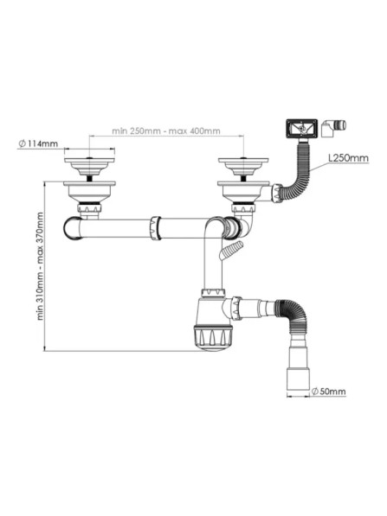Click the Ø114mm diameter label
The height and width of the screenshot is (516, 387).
pos(38,143)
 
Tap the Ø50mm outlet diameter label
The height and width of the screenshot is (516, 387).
pos(329,392)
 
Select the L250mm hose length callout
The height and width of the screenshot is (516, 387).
pos(348,158)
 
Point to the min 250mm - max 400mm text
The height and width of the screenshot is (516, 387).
pos(166,131)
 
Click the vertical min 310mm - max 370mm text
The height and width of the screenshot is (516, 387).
pos(40,266)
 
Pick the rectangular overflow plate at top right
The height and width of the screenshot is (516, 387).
pos(301,128)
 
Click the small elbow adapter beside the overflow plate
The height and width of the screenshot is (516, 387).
pos(333,128)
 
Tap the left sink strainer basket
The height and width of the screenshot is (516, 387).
pos(89,167)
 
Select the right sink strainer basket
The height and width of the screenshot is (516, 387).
pos(243,167)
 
